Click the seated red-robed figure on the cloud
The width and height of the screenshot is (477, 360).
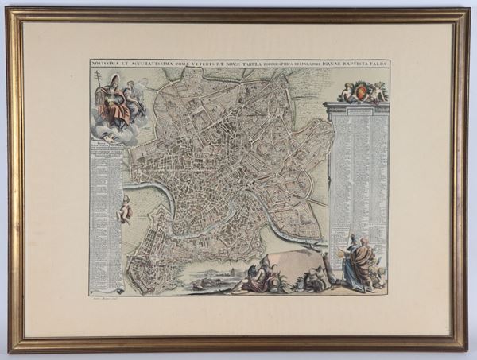[x=117, y=107]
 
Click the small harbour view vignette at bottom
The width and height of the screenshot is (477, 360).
[x=208, y=280]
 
